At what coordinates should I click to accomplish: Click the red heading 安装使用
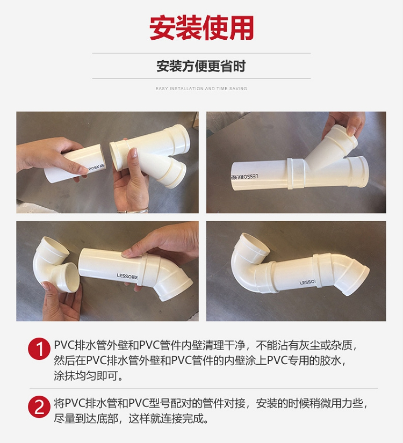tap(201, 28)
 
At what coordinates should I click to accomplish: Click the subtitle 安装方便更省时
tap(201, 66)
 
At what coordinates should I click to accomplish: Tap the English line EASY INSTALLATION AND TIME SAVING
tap(201, 89)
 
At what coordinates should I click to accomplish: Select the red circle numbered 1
tap(39, 348)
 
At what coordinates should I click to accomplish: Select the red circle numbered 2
tap(39, 407)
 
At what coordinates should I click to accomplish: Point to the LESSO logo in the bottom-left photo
tap(127, 277)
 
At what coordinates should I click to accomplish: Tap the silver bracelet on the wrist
tap(133, 210)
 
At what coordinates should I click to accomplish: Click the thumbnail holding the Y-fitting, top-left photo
tap(133, 153)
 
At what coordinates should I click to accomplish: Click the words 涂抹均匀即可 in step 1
tap(85, 376)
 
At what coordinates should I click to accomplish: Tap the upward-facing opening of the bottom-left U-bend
tap(55, 247)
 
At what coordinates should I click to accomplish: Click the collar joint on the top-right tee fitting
tap(296, 173)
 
